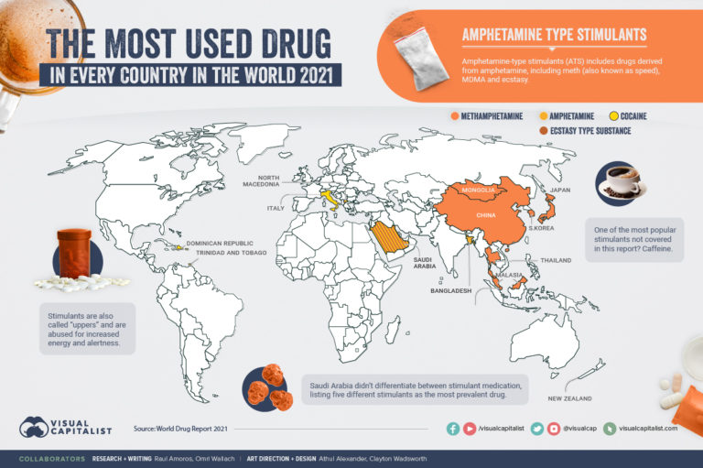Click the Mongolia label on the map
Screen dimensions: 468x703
coord(479,190)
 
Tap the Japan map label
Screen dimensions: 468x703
coord(560,190)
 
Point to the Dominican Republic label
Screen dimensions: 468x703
coord(214,244)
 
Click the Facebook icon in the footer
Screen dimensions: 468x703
coord(453,428)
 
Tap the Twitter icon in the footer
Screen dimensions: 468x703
coord(537,428)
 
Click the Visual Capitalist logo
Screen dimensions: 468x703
coord(63,427)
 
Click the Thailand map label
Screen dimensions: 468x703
coord(557,260)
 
